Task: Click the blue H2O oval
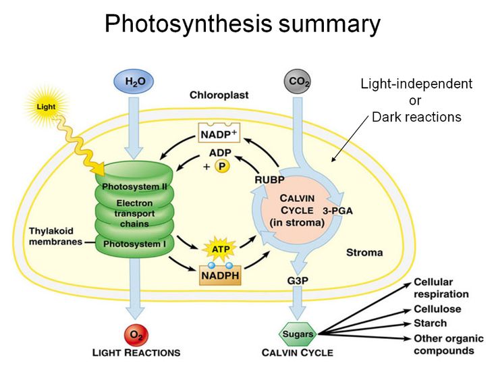(135, 82)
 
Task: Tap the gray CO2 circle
(298, 82)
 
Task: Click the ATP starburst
(220, 249)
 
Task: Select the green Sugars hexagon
(297, 333)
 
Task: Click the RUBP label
(269, 180)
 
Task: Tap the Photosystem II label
(136, 186)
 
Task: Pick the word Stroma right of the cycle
(364, 253)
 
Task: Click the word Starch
(429, 323)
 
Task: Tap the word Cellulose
(437, 309)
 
